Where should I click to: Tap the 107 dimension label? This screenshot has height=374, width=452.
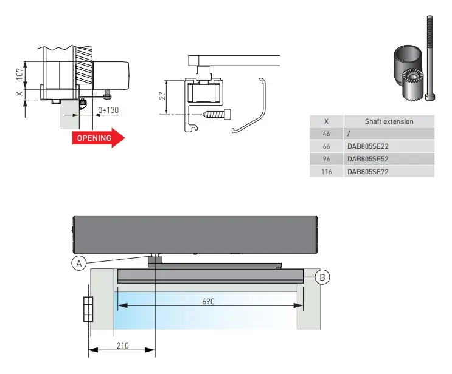click(20, 73)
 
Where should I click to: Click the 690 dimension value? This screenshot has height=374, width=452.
click(207, 301)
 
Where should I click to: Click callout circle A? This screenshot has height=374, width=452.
click(78, 263)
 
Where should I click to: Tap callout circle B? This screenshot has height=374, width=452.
click(323, 277)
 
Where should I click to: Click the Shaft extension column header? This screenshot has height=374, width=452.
click(389, 121)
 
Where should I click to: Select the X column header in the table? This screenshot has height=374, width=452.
click(327, 121)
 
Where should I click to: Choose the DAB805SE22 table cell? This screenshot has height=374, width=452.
click(367, 146)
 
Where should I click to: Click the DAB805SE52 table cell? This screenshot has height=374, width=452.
click(367, 159)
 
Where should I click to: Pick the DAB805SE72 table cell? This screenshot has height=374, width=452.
click(367, 172)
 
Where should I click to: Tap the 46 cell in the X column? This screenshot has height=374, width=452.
click(327, 134)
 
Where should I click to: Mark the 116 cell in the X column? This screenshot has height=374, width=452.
click(327, 172)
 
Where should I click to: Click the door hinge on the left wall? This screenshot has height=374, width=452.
click(88, 310)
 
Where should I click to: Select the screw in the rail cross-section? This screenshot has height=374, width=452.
click(217, 113)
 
